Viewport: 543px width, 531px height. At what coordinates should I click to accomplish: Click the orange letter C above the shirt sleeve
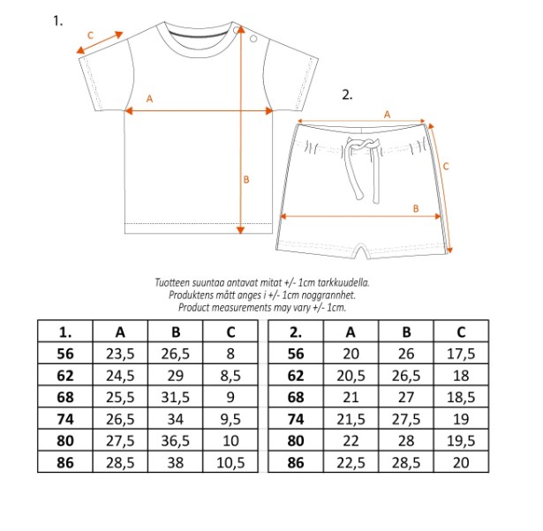[x=90, y=35]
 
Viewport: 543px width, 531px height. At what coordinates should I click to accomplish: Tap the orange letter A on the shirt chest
[x=149, y=99]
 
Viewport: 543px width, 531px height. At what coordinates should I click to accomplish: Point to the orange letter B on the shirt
[x=246, y=180]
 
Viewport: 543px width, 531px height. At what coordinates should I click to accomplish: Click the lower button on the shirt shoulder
[x=253, y=39]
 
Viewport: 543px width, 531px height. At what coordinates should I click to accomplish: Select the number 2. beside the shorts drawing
[x=347, y=94]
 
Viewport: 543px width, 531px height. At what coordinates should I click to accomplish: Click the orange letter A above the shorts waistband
[x=388, y=115]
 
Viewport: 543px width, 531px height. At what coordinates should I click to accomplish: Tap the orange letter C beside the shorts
[x=446, y=167]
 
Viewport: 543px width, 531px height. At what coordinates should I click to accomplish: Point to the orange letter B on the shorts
[x=416, y=208]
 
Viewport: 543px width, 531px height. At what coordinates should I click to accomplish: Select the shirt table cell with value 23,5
[x=120, y=354]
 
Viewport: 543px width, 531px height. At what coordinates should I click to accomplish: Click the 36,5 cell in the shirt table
[x=175, y=441]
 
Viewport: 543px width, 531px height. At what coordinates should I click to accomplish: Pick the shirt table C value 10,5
[x=230, y=462]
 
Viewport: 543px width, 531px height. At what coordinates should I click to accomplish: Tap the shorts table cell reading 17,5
[x=461, y=354]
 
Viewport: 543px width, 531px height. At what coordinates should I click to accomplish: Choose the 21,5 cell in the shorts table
[x=351, y=419]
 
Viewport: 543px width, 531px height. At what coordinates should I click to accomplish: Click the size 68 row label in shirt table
[x=65, y=397]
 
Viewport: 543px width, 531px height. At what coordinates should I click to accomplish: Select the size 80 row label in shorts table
[x=296, y=441]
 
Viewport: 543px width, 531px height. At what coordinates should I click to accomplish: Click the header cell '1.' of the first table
[x=65, y=332]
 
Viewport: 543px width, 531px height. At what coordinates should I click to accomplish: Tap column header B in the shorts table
[x=406, y=332]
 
